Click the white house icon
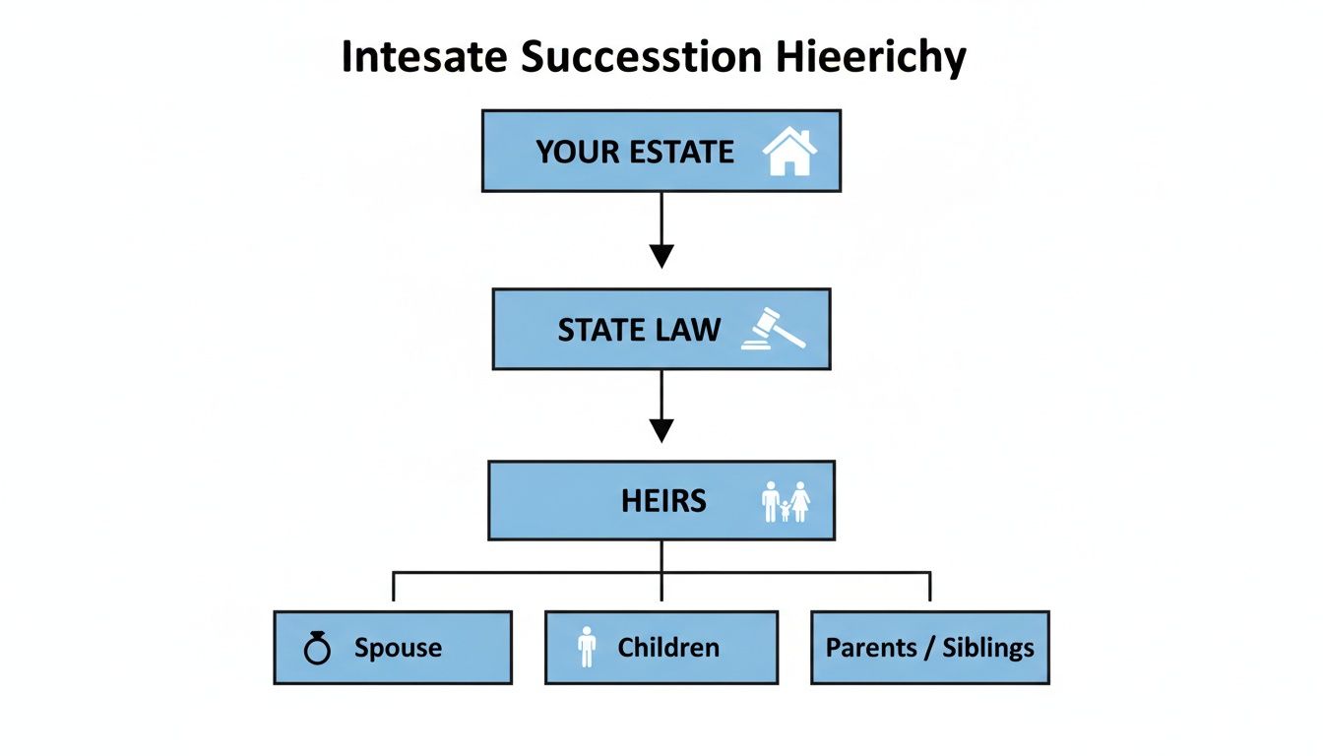tap(789, 152)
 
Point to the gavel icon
tap(773, 329)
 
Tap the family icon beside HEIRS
tap(786, 501)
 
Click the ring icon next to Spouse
tap(317, 648)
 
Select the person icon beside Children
tap(587, 648)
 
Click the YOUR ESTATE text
tap(635, 153)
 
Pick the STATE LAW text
tap(639, 330)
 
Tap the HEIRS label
tap(663, 501)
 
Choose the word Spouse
tap(398, 648)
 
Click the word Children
tap(668, 648)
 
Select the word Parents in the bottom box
tap(871, 648)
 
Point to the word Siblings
tap(988, 648)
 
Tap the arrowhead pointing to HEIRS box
tap(661, 430)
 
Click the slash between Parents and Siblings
tap(929, 648)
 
